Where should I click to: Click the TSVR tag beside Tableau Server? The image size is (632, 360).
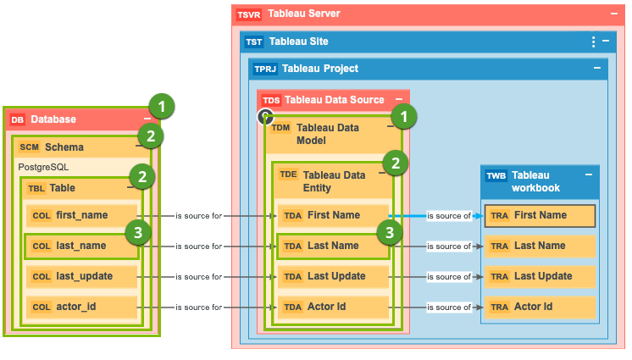coord(249,14)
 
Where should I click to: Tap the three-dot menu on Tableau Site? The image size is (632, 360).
coord(593,42)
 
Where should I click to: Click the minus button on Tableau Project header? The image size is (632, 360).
coord(597,69)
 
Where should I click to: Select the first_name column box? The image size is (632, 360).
coord(80,215)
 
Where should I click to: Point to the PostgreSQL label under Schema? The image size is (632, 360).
coord(43,168)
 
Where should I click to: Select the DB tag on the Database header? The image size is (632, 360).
coord(18,120)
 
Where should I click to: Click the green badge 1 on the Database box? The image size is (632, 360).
coord(161,106)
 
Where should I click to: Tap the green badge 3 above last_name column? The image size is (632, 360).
coord(138,231)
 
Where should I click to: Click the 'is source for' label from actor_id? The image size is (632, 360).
coord(198,307)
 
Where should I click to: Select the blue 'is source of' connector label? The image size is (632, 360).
coord(449,215)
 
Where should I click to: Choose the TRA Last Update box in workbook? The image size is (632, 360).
coord(540,276)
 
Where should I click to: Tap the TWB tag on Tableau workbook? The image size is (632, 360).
coord(496,176)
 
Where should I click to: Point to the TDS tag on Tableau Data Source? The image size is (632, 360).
coord(271,100)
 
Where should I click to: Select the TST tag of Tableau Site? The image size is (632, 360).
coord(254,42)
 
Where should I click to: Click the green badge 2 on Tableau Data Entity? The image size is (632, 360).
coord(394,162)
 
